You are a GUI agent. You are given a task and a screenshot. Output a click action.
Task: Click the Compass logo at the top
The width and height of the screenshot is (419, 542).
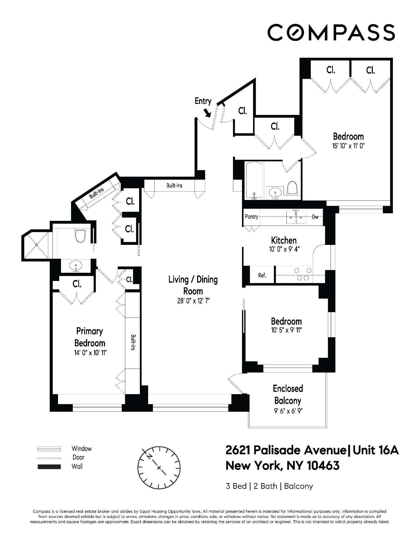pos(331,32)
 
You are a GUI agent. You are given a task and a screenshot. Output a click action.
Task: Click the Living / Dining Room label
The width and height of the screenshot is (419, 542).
pos(193,285)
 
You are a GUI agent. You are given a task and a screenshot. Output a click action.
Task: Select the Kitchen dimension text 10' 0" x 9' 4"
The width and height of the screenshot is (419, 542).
pos(284,249)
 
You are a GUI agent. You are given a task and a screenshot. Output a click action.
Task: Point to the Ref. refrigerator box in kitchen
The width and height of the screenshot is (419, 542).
pos(262,275)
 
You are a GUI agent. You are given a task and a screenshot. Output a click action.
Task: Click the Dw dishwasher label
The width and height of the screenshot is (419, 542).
pos(315,217)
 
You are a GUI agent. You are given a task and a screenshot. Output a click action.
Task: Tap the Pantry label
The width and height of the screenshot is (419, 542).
pos(252,217)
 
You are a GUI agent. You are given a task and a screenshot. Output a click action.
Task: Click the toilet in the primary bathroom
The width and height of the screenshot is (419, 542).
pos(81,236)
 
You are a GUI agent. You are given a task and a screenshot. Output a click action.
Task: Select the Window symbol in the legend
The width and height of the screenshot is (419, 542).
pos(49,449)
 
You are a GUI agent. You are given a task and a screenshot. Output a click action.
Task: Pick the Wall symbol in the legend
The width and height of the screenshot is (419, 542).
pos(49,467)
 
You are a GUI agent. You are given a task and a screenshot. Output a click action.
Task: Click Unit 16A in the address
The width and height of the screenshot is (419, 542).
pos(376,450)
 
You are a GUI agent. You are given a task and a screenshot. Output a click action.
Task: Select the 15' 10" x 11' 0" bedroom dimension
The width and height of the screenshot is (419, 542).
pos(348,146)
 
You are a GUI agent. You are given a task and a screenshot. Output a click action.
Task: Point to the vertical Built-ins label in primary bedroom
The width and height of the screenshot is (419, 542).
pos(133,343)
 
